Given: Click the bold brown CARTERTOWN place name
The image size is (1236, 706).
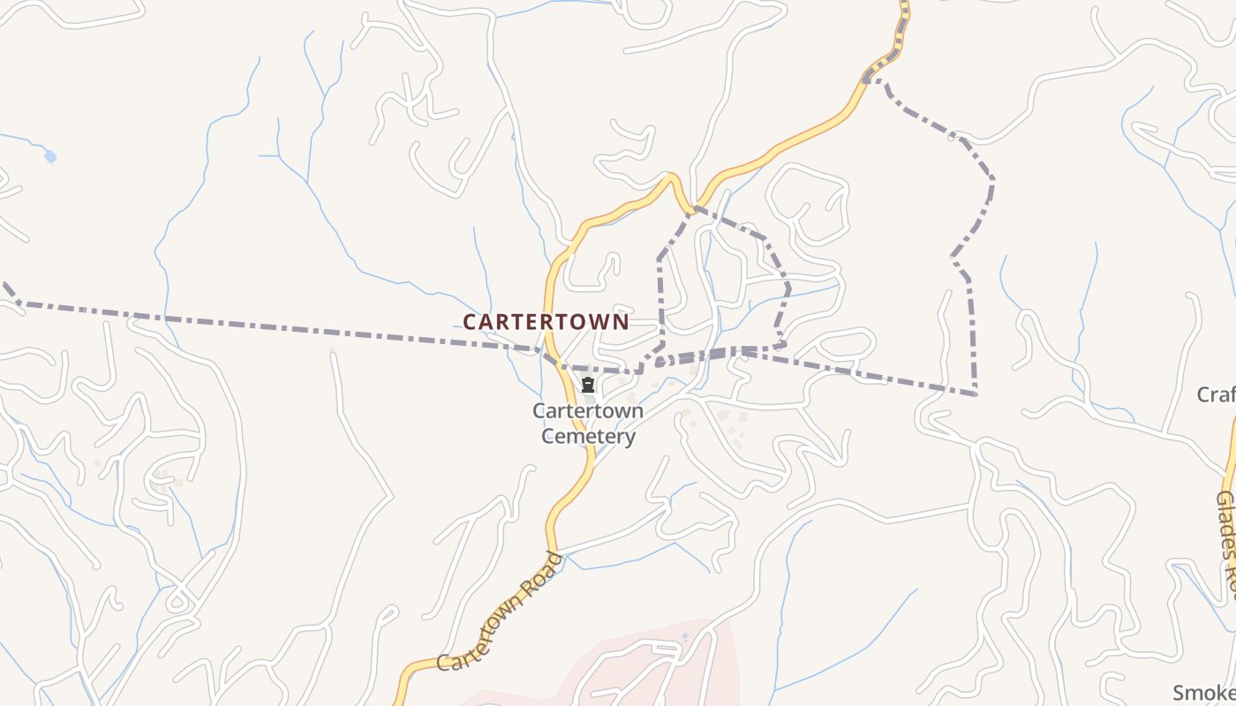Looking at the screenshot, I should click(x=546, y=322).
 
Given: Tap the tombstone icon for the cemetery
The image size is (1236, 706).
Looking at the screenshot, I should click(x=588, y=386).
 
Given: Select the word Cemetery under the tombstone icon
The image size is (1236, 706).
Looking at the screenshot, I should click(x=588, y=437).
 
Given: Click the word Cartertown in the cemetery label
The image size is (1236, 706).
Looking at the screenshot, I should click(x=588, y=411).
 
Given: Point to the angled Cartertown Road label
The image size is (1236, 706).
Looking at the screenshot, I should click(x=500, y=612).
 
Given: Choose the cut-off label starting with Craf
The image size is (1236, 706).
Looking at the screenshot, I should click(x=1217, y=394).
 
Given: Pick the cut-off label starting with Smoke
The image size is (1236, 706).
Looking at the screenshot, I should click(x=1204, y=692).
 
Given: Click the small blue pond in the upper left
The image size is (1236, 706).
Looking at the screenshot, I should click(x=49, y=157).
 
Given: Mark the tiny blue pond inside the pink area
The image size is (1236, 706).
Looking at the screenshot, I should click(x=685, y=636).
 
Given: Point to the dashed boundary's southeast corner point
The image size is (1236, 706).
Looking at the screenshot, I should click(x=976, y=394).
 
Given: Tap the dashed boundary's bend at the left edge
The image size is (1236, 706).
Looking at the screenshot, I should click(x=18, y=302).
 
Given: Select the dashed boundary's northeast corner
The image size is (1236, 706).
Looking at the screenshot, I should click(x=992, y=179).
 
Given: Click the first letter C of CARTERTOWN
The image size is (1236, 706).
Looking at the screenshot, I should click(x=470, y=322).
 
